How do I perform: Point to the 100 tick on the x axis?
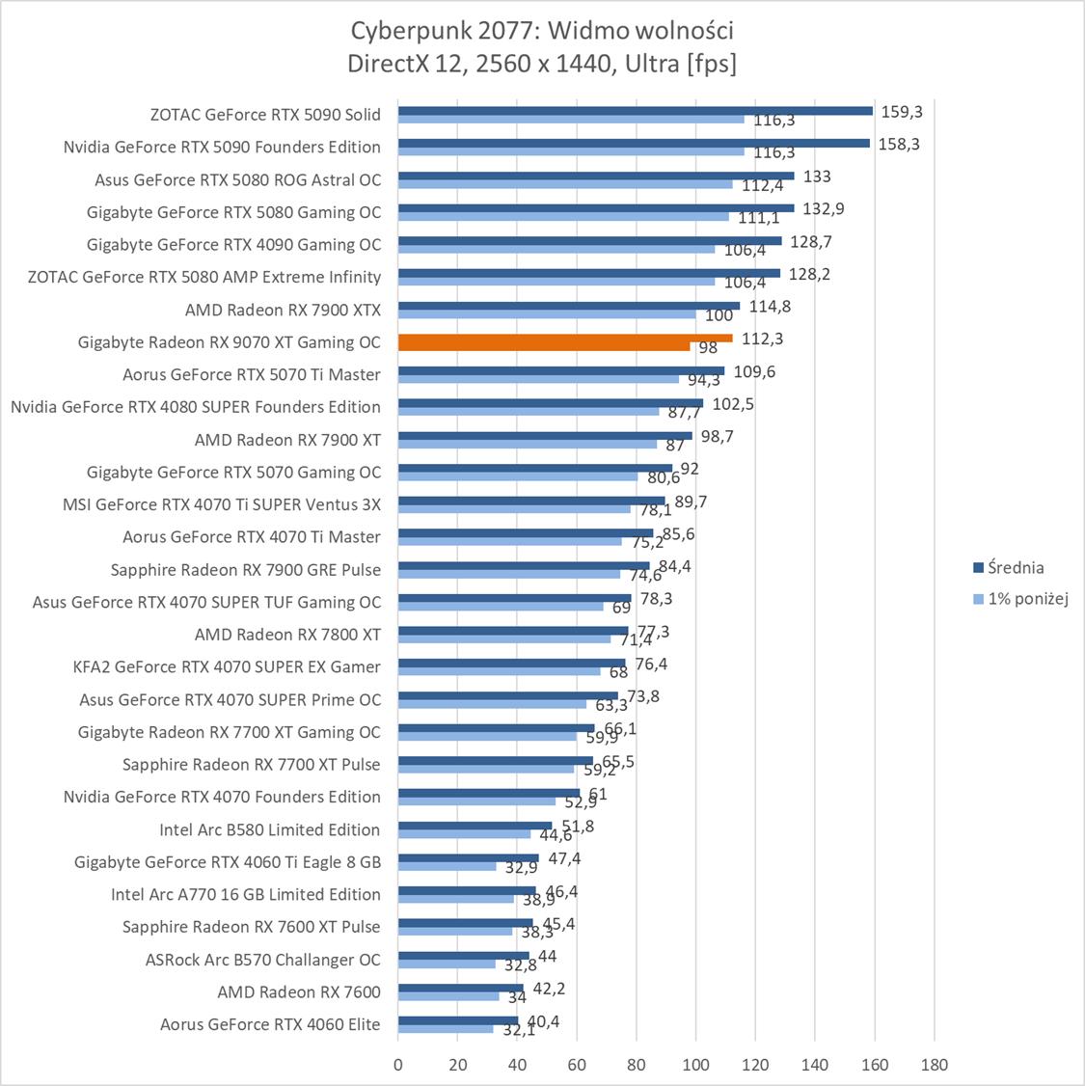695,1065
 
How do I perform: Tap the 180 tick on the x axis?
934,1065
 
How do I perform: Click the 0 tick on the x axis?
398,1065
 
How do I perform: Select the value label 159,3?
903,112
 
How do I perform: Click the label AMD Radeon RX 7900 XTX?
283,310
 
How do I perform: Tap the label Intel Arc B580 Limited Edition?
270,829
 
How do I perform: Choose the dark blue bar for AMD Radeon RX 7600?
460,988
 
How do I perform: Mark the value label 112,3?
763,339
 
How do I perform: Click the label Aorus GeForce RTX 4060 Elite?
270,1024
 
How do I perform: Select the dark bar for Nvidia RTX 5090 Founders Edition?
634,143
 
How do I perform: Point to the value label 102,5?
733,404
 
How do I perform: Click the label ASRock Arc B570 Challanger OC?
262,960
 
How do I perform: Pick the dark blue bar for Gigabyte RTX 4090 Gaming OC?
589,240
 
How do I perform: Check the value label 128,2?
809,274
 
